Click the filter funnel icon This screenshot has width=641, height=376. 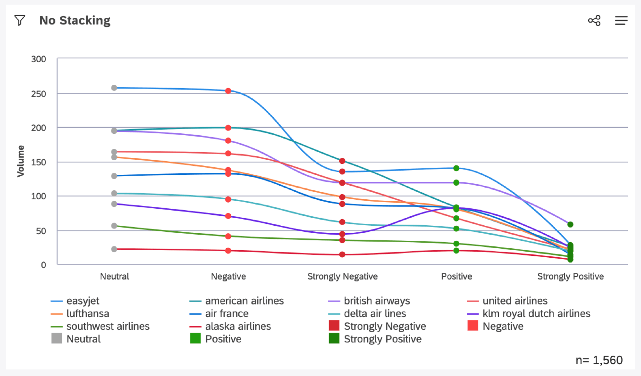(20, 20)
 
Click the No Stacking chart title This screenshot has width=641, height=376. (75, 20)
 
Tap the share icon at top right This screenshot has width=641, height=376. (594, 20)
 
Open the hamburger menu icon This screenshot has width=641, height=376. (621, 20)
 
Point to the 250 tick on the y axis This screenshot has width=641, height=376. (38, 94)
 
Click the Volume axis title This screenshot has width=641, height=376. (21, 161)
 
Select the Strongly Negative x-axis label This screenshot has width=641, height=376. (342, 277)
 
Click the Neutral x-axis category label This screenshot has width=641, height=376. (114, 277)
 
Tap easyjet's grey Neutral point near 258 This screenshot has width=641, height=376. (114, 88)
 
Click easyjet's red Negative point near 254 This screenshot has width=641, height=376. (228, 91)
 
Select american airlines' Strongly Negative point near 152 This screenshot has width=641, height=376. (342, 161)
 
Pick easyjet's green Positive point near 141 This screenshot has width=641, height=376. (456, 168)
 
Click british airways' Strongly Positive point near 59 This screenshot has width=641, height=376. (570, 225)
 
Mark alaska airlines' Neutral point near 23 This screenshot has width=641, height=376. (114, 249)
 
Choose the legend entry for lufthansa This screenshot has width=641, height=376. (87, 313)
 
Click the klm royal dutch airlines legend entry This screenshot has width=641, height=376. (536, 313)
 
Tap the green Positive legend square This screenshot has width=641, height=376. (195, 338)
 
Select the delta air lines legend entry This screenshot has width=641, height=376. (375, 313)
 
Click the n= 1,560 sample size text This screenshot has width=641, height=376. (599, 360)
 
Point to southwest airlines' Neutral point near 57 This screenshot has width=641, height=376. (114, 226)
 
